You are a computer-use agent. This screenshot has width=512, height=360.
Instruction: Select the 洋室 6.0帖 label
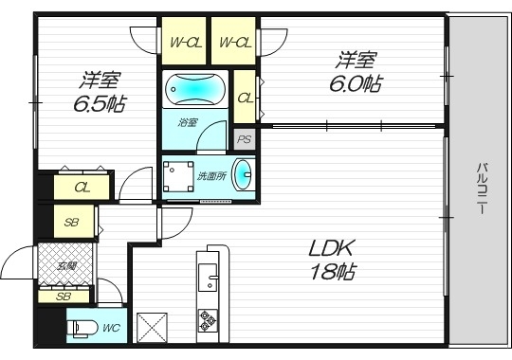click(x=356, y=72)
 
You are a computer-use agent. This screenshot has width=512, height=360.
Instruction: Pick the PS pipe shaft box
click(x=245, y=139)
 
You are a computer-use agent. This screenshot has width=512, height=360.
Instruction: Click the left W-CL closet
click(x=184, y=42)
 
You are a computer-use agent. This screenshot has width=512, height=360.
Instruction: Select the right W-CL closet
click(x=234, y=42)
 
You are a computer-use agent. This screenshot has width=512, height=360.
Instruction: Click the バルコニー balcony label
click(x=482, y=190)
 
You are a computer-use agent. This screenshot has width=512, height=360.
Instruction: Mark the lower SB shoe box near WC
click(x=64, y=296)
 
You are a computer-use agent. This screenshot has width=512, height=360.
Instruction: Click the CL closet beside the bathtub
click(x=245, y=98)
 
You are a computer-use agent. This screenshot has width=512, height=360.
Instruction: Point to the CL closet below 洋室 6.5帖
click(x=83, y=188)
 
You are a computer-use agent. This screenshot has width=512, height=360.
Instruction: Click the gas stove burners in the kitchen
click(x=208, y=325)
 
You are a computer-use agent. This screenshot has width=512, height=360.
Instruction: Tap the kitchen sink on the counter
click(x=206, y=279)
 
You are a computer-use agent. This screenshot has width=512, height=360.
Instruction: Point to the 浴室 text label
click(x=188, y=121)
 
